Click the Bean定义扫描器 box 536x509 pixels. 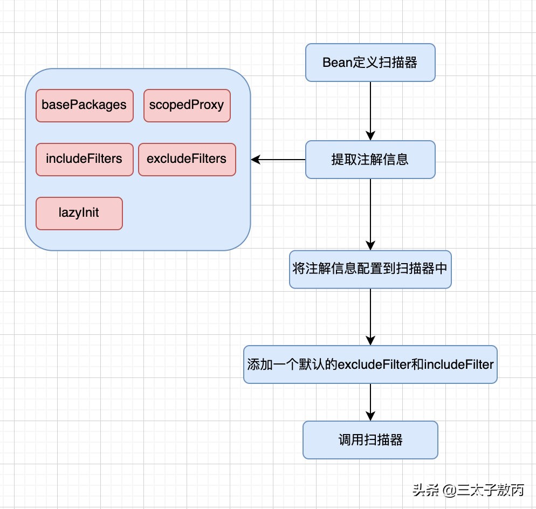tap(370, 63)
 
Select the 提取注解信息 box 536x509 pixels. tap(370, 160)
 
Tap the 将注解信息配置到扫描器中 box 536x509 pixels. tap(370, 269)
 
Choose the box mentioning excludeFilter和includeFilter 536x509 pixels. tap(370, 364)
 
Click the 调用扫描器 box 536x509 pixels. tap(370, 440)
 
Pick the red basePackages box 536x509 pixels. tap(84, 105)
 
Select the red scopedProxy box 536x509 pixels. tap(187, 105)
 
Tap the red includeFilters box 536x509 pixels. tap(84, 159)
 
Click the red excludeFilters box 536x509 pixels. tap(187, 159)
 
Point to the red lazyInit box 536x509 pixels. tap(79, 213)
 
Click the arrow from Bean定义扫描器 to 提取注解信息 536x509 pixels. tap(370, 111)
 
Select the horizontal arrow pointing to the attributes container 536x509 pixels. tap(278, 160)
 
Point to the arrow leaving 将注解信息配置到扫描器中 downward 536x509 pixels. tap(370, 317)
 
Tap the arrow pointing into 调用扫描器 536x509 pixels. tap(370, 402)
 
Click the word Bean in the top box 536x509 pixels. tap(337, 63)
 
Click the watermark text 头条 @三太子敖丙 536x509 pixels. tap(468, 490)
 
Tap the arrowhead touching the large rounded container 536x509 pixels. tap(255, 160)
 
